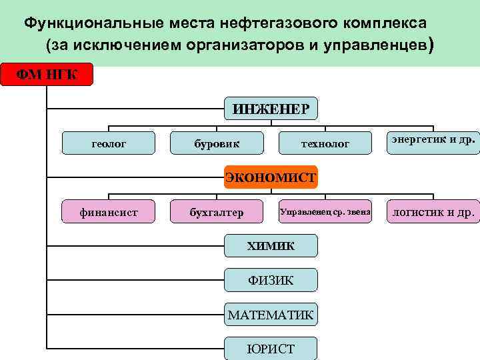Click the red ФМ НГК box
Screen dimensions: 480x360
coord(46,74)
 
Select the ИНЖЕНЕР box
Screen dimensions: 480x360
coord(271,109)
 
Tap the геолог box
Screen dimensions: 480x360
coord(109,143)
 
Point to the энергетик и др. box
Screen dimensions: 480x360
coord(433,141)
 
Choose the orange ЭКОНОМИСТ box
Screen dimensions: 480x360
coord(271,177)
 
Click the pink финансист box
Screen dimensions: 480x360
coord(109,212)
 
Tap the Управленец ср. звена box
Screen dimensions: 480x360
coord(325,212)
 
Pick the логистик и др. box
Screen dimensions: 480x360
coord(433,212)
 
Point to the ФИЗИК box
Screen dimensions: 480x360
coord(271,280)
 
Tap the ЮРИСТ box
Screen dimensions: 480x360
coord(271,348)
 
